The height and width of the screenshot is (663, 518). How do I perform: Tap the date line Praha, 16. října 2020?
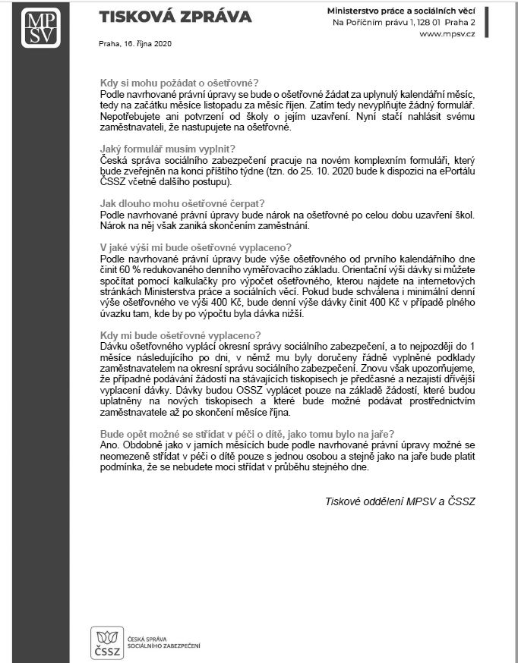coord(135,43)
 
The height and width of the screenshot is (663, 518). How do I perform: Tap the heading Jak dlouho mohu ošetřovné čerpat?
coord(182,203)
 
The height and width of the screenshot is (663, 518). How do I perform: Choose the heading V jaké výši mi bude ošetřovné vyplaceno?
coord(196,247)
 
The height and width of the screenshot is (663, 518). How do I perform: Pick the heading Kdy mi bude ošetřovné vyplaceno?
coord(181,335)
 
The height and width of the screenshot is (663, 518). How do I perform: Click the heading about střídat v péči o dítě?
coord(247,433)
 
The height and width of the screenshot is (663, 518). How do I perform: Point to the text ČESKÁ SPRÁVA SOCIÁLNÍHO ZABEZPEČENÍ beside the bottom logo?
coord(164,643)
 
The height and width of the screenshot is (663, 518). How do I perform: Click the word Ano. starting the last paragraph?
coord(110,445)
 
